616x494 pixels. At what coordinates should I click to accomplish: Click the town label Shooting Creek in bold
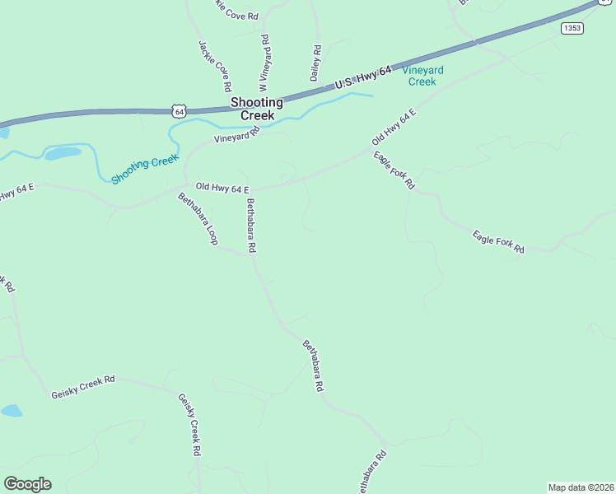pyautogui.click(x=257, y=109)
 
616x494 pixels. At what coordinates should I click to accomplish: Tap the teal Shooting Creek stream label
pyautogui.click(x=144, y=169)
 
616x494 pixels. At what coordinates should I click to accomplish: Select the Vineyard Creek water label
pyautogui.click(x=422, y=76)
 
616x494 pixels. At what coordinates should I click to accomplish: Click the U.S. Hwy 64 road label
pyautogui.click(x=362, y=80)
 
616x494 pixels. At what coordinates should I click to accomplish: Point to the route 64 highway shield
pyautogui.click(x=180, y=110)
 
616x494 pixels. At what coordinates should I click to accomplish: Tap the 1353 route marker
pyautogui.click(x=572, y=28)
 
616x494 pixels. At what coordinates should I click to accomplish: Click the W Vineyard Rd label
pyautogui.click(x=264, y=63)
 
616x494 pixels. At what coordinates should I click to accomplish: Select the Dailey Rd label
pyautogui.click(x=315, y=63)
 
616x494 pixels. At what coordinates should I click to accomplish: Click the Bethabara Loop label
pyautogui.click(x=198, y=218)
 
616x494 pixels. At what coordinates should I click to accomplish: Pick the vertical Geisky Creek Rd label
pyautogui.click(x=189, y=424)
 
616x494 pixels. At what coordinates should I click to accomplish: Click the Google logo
pyautogui.click(x=27, y=483)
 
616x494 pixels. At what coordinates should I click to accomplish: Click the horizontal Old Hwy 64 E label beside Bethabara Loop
pyautogui.click(x=222, y=189)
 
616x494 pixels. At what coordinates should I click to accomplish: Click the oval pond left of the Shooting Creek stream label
pyautogui.click(x=63, y=153)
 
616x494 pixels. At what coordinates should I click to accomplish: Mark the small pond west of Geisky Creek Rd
pyautogui.click(x=11, y=410)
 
